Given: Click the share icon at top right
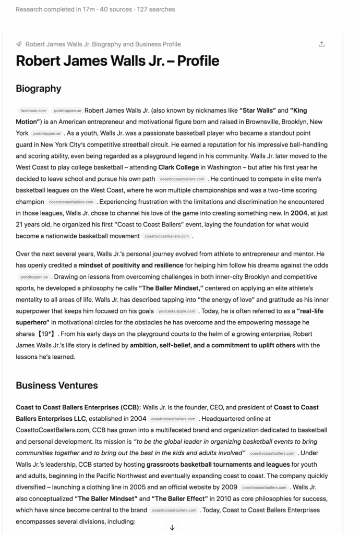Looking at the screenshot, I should (322, 44).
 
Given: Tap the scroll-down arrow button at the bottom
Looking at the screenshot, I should (172, 528).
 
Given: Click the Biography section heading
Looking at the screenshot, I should (39, 88).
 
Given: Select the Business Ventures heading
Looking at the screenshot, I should (56, 385).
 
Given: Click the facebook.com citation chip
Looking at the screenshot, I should (33, 111).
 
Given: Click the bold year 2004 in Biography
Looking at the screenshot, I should (299, 213).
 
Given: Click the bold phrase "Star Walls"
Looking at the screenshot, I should (258, 110).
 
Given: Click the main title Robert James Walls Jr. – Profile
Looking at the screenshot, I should (117, 61).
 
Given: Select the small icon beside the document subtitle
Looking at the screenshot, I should (19, 44).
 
